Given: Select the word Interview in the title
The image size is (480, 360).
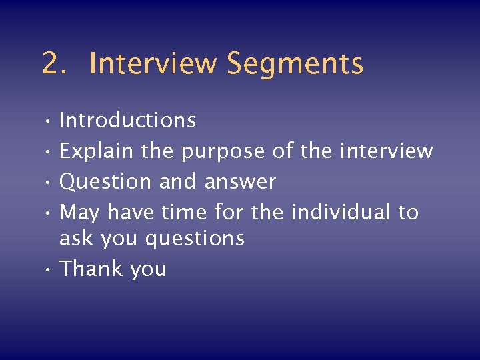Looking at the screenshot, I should click(153, 64).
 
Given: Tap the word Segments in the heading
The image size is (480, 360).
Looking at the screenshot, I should click(295, 64).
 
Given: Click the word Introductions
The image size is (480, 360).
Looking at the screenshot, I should click(127, 121).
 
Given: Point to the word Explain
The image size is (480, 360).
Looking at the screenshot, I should click(97, 151).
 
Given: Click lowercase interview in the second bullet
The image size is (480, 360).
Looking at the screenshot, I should click(386, 151).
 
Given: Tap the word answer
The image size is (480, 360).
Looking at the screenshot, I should click(240, 182).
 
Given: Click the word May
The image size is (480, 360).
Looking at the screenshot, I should click(79, 213).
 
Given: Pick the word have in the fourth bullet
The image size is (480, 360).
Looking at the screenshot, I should click(131, 213).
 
